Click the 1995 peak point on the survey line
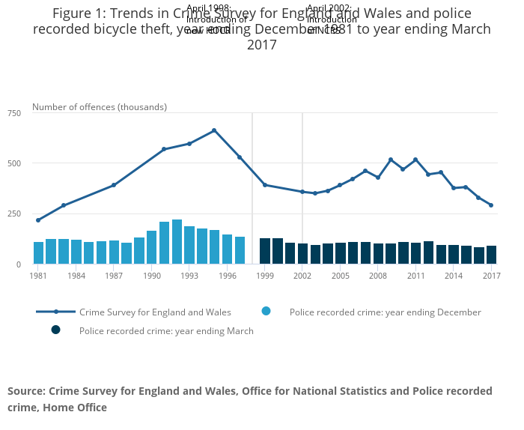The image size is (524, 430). [x=214, y=130]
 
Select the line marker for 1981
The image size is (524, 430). [x=38, y=220]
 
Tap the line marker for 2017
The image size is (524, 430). [x=491, y=205]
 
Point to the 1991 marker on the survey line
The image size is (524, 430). [x=164, y=149]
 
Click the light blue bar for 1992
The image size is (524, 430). [x=177, y=242]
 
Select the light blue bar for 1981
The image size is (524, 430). [x=38, y=253]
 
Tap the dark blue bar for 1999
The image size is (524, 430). [x=265, y=251]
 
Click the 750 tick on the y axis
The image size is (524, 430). [x=14, y=113]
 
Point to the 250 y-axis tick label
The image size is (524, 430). [x=14, y=214]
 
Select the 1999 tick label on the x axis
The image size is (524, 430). [x=265, y=276]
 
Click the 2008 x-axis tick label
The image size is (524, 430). [x=378, y=276]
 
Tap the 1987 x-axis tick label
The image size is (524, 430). [x=114, y=276]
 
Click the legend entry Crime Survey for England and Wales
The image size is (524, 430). [x=155, y=312]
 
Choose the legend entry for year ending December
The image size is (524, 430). [x=385, y=312]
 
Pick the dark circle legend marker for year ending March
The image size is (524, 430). [x=55, y=330]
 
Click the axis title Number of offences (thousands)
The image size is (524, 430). [x=100, y=107]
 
